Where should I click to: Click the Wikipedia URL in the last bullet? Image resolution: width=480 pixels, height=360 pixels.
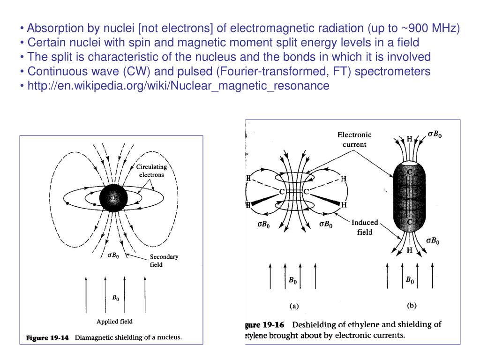click(178, 86)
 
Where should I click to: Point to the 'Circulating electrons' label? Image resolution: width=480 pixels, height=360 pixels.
click(151, 171)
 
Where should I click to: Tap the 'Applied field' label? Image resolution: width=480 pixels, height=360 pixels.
click(114, 322)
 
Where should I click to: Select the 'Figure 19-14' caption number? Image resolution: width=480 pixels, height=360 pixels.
click(47, 337)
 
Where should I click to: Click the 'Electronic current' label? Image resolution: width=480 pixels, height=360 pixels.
click(354, 139)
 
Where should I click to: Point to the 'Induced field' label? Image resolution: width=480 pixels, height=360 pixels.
click(365, 227)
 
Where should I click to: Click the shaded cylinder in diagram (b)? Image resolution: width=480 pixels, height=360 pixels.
click(409, 197)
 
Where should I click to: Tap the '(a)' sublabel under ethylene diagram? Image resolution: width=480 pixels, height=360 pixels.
click(293, 306)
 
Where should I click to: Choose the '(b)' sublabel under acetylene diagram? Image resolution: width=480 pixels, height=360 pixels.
click(411, 306)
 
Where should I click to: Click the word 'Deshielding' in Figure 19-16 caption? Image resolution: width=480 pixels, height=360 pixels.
click(316, 324)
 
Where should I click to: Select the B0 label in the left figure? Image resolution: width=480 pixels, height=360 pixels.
click(115, 298)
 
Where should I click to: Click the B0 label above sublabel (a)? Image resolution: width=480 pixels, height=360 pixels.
click(292, 281)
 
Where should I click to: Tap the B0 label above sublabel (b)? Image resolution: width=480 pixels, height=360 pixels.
click(410, 280)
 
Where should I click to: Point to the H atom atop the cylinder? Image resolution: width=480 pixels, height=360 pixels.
click(409, 139)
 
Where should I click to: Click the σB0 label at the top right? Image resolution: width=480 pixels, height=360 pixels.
click(435, 134)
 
